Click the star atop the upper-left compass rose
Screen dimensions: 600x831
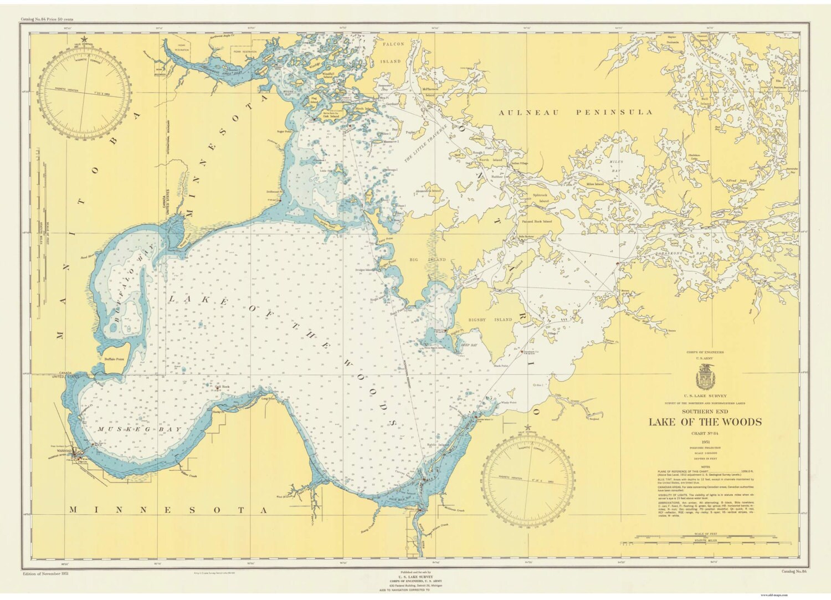[x=84, y=39]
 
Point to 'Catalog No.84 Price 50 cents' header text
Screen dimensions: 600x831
[x=47, y=19]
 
